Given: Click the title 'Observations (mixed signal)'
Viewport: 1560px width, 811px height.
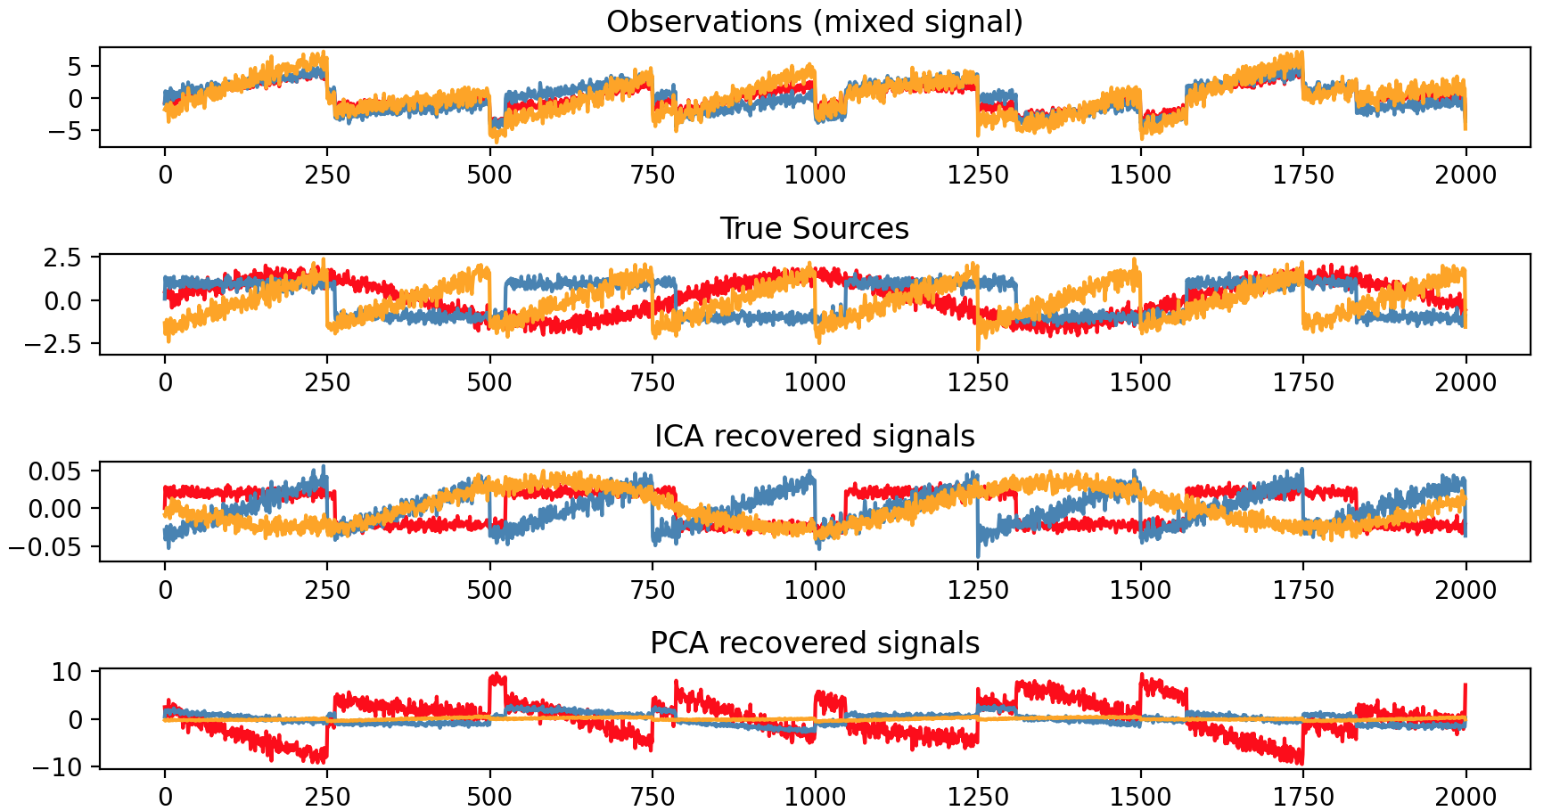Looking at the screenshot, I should click(x=814, y=21).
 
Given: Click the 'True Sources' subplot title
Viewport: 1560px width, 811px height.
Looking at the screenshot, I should click(x=814, y=229).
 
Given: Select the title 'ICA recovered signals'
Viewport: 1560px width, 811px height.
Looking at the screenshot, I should click(x=814, y=437).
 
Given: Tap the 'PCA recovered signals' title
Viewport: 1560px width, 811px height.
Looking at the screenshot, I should click(x=814, y=643).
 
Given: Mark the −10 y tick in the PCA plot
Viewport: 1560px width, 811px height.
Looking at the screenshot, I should click(x=61, y=766).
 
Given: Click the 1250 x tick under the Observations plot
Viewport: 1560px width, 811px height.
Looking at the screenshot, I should click(x=977, y=175).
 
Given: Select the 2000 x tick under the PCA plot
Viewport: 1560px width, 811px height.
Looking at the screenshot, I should click(x=1466, y=797).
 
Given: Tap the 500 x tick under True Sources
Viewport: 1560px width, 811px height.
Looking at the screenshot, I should click(x=489, y=382).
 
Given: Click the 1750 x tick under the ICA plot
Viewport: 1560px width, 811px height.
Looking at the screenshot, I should click(x=1302, y=590).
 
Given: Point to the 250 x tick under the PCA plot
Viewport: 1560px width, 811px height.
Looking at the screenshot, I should click(x=327, y=797).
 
